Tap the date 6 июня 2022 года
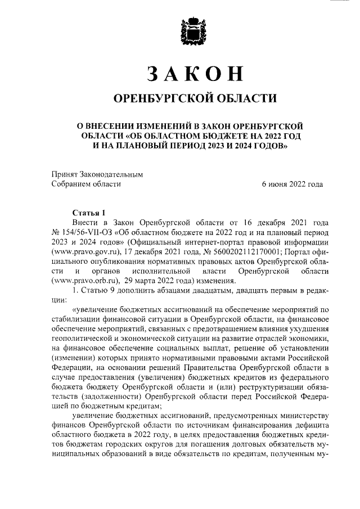(292, 184)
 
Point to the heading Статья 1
(89, 212)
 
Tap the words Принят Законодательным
(97, 174)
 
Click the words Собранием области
(86, 184)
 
